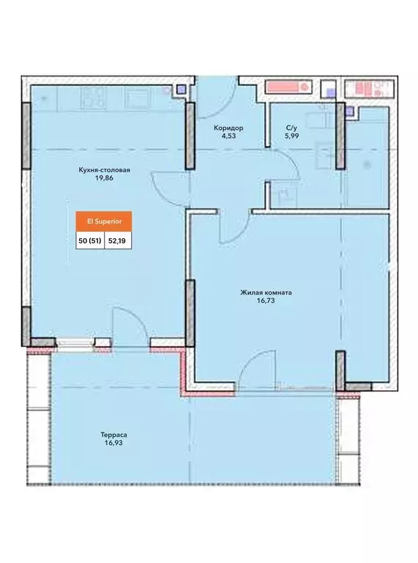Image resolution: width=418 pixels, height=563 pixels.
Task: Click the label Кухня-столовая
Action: point(105,170)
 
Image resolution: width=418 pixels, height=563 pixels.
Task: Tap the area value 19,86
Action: point(105,178)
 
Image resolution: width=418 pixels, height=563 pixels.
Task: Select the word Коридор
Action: point(228,128)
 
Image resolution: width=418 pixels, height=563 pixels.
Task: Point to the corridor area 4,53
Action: point(228,136)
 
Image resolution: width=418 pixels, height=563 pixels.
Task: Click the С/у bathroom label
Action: point(292,128)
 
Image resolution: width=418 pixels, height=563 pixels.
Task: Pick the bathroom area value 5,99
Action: point(292,136)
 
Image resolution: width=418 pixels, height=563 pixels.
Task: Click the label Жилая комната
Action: point(266,292)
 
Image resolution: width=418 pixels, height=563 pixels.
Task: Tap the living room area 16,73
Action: point(266,301)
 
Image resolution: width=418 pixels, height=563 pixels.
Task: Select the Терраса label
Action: point(113,435)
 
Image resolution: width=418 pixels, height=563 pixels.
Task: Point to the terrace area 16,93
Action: point(113,443)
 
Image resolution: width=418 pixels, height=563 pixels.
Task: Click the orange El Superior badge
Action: point(104,221)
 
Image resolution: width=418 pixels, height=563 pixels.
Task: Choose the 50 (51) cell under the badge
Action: point(90,240)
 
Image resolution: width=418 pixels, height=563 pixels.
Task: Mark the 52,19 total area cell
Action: point(118,240)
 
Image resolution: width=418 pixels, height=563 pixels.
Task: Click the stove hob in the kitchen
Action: point(92,97)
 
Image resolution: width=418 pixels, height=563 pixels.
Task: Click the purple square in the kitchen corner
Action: point(182,89)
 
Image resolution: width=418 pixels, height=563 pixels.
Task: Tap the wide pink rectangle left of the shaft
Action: point(288,87)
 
